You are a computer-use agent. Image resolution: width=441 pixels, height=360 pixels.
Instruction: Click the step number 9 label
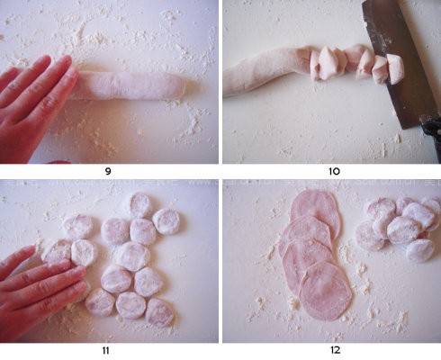(x=108, y=171)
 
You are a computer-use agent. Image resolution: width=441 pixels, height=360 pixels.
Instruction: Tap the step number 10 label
(x=334, y=171)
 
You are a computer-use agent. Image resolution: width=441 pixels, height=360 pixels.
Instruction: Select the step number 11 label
(x=105, y=350)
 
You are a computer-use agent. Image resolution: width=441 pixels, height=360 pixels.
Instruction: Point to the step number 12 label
(x=336, y=350)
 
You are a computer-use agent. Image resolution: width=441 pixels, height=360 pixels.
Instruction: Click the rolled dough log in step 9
(x=129, y=85)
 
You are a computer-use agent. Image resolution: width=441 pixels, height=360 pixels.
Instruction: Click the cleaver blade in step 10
(x=396, y=60)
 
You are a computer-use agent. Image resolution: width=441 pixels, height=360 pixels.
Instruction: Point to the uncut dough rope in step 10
(x=264, y=70)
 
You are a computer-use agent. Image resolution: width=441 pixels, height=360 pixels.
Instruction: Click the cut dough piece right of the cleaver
(x=395, y=69)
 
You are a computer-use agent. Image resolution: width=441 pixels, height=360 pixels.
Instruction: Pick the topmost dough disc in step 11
(x=140, y=205)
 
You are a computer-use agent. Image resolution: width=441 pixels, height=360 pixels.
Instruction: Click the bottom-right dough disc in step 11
(x=159, y=312)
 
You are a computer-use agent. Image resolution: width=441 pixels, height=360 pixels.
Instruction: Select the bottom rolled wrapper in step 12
(x=326, y=291)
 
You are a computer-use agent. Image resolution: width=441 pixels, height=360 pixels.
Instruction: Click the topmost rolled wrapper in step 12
(x=315, y=207)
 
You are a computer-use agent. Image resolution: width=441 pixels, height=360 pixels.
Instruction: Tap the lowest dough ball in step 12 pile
(x=420, y=250)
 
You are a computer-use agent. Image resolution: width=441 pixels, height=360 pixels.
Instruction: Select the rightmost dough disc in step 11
(x=166, y=221)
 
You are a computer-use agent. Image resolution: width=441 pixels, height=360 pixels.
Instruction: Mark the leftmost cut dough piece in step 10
(x=315, y=66)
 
